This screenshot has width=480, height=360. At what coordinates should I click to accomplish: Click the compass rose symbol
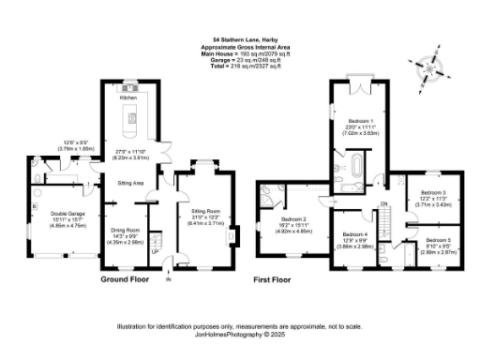(428, 67)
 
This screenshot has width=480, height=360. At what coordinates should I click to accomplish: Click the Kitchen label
(129, 97)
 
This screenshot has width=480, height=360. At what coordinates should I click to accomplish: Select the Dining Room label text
(126, 230)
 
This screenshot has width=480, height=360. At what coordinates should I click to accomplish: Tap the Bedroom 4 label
(355, 234)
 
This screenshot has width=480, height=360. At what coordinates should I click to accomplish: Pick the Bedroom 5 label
(437, 241)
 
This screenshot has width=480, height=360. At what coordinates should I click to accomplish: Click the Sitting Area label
(129, 183)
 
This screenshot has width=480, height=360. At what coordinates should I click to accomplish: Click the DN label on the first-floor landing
(383, 205)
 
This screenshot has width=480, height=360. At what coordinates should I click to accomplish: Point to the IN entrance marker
(169, 278)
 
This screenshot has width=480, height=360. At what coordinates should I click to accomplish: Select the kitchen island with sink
(129, 116)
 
